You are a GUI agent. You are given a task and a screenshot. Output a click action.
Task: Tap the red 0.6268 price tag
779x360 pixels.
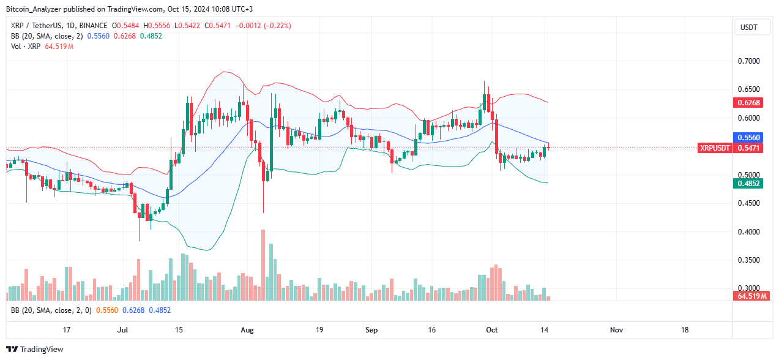(x=748, y=103)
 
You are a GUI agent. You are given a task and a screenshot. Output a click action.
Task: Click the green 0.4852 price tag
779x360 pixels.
(x=748, y=182)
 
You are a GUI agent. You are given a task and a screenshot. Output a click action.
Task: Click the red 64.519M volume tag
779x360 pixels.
(x=748, y=296)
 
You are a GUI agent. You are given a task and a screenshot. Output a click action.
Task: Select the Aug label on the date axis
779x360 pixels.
(x=247, y=329)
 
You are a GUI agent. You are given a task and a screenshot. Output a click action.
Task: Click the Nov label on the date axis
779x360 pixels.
(x=616, y=329)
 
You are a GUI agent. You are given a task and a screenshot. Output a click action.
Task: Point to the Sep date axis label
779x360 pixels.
(x=371, y=329)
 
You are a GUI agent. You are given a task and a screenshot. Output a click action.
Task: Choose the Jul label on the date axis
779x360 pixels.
(x=123, y=329)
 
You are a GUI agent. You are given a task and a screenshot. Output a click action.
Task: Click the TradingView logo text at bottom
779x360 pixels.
(x=42, y=349)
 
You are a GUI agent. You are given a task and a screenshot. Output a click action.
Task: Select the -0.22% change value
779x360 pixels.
(x=278, y=26)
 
